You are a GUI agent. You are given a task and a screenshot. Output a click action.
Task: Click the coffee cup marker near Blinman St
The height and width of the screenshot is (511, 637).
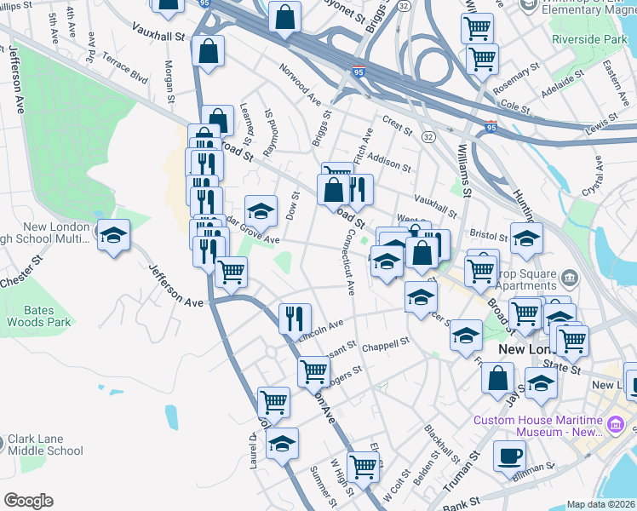(x=510, y=456)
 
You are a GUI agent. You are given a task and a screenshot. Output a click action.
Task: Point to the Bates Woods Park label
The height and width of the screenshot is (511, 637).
(x=39, y=316)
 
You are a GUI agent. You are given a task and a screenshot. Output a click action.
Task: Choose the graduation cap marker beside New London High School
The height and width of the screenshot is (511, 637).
(x=112, y=237)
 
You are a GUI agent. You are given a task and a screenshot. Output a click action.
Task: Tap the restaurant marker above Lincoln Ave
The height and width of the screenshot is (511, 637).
(x=295, y=319)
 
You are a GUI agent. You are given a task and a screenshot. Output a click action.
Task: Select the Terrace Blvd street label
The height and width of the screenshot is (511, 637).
(x=124, y=68)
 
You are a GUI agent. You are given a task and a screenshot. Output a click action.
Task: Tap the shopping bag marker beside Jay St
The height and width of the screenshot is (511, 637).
(x=497, y=377)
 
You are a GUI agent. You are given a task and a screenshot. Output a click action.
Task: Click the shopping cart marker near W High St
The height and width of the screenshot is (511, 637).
(x=364, y=467)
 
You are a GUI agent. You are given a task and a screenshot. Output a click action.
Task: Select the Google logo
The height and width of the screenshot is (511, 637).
(x=29, y=500)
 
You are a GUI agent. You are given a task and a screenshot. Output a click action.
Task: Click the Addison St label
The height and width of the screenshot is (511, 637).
(x=389, y=162)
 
